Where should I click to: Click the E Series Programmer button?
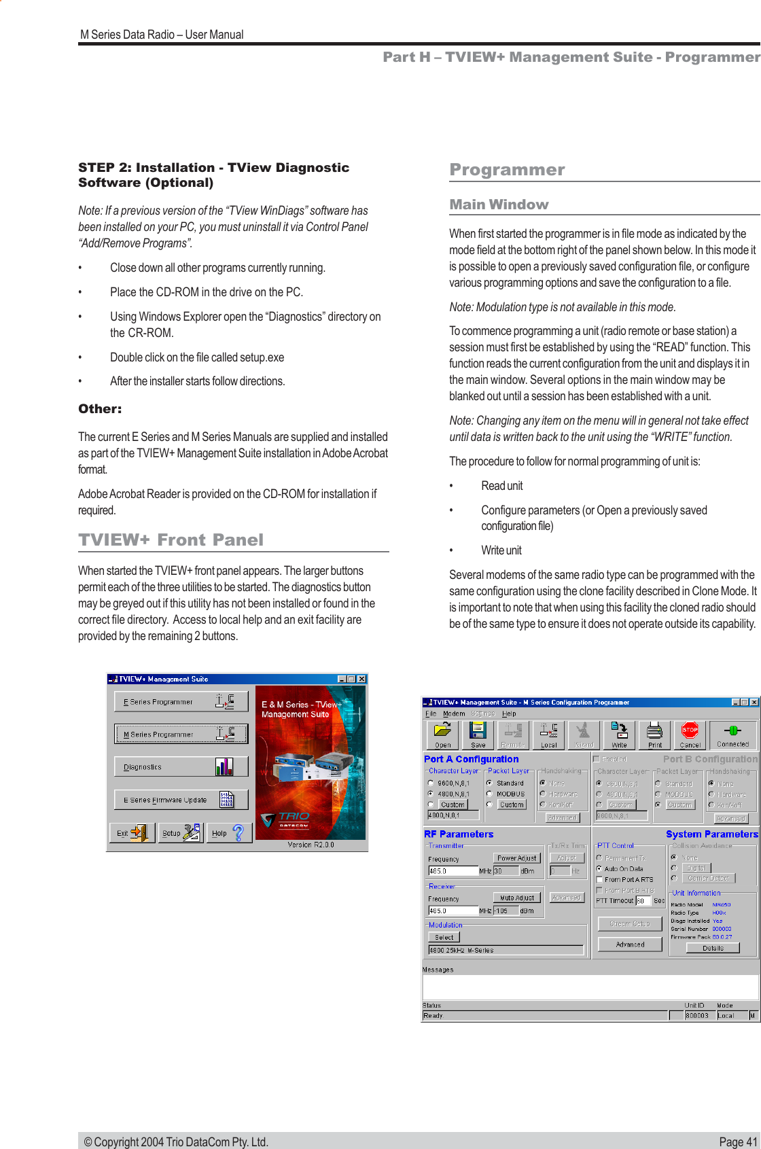pos(181,701)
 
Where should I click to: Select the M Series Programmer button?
pos(181,734)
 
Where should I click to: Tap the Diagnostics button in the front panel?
pos(181,766)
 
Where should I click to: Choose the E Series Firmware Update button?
pos(181,800)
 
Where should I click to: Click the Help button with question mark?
pos(229,832)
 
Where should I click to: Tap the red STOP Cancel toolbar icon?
pos(690,735)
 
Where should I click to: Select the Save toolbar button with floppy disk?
pos(478,735)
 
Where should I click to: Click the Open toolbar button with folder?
pos(443,735)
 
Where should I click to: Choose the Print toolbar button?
pos(654,735)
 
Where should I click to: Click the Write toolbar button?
pos(619,735)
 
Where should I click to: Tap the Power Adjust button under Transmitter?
pos(516,858)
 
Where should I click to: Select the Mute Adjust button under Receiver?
pos(516,898)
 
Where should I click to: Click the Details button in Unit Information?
pos(713,948)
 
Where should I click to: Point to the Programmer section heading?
pos(507,170)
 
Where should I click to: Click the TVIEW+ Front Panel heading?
pos(171,540)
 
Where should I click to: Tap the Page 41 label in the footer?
pos(737,1142)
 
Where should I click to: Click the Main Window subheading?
pos(499,205)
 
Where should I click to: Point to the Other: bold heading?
pos(100,409)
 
